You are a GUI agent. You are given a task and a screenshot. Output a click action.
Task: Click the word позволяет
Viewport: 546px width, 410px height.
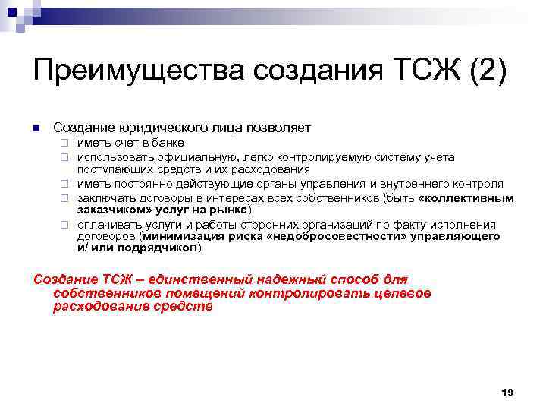(279, 127)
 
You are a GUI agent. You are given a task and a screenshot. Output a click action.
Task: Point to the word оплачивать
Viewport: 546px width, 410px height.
(105, 225)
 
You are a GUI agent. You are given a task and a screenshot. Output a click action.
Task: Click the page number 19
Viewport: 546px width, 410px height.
(507, 392)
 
